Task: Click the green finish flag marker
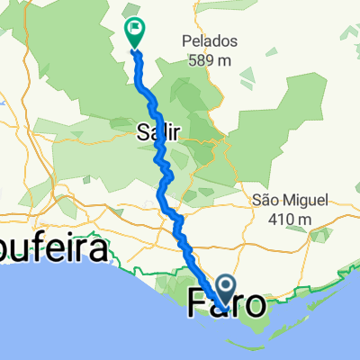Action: tap(134, 32)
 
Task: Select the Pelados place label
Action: tap(209, 41)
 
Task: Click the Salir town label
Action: tap(159, 132)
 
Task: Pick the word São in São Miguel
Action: tap(267, 200)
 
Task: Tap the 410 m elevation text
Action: tap(288, 217)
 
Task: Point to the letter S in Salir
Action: tap(142, 132)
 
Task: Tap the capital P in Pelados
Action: tap(186, 41)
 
